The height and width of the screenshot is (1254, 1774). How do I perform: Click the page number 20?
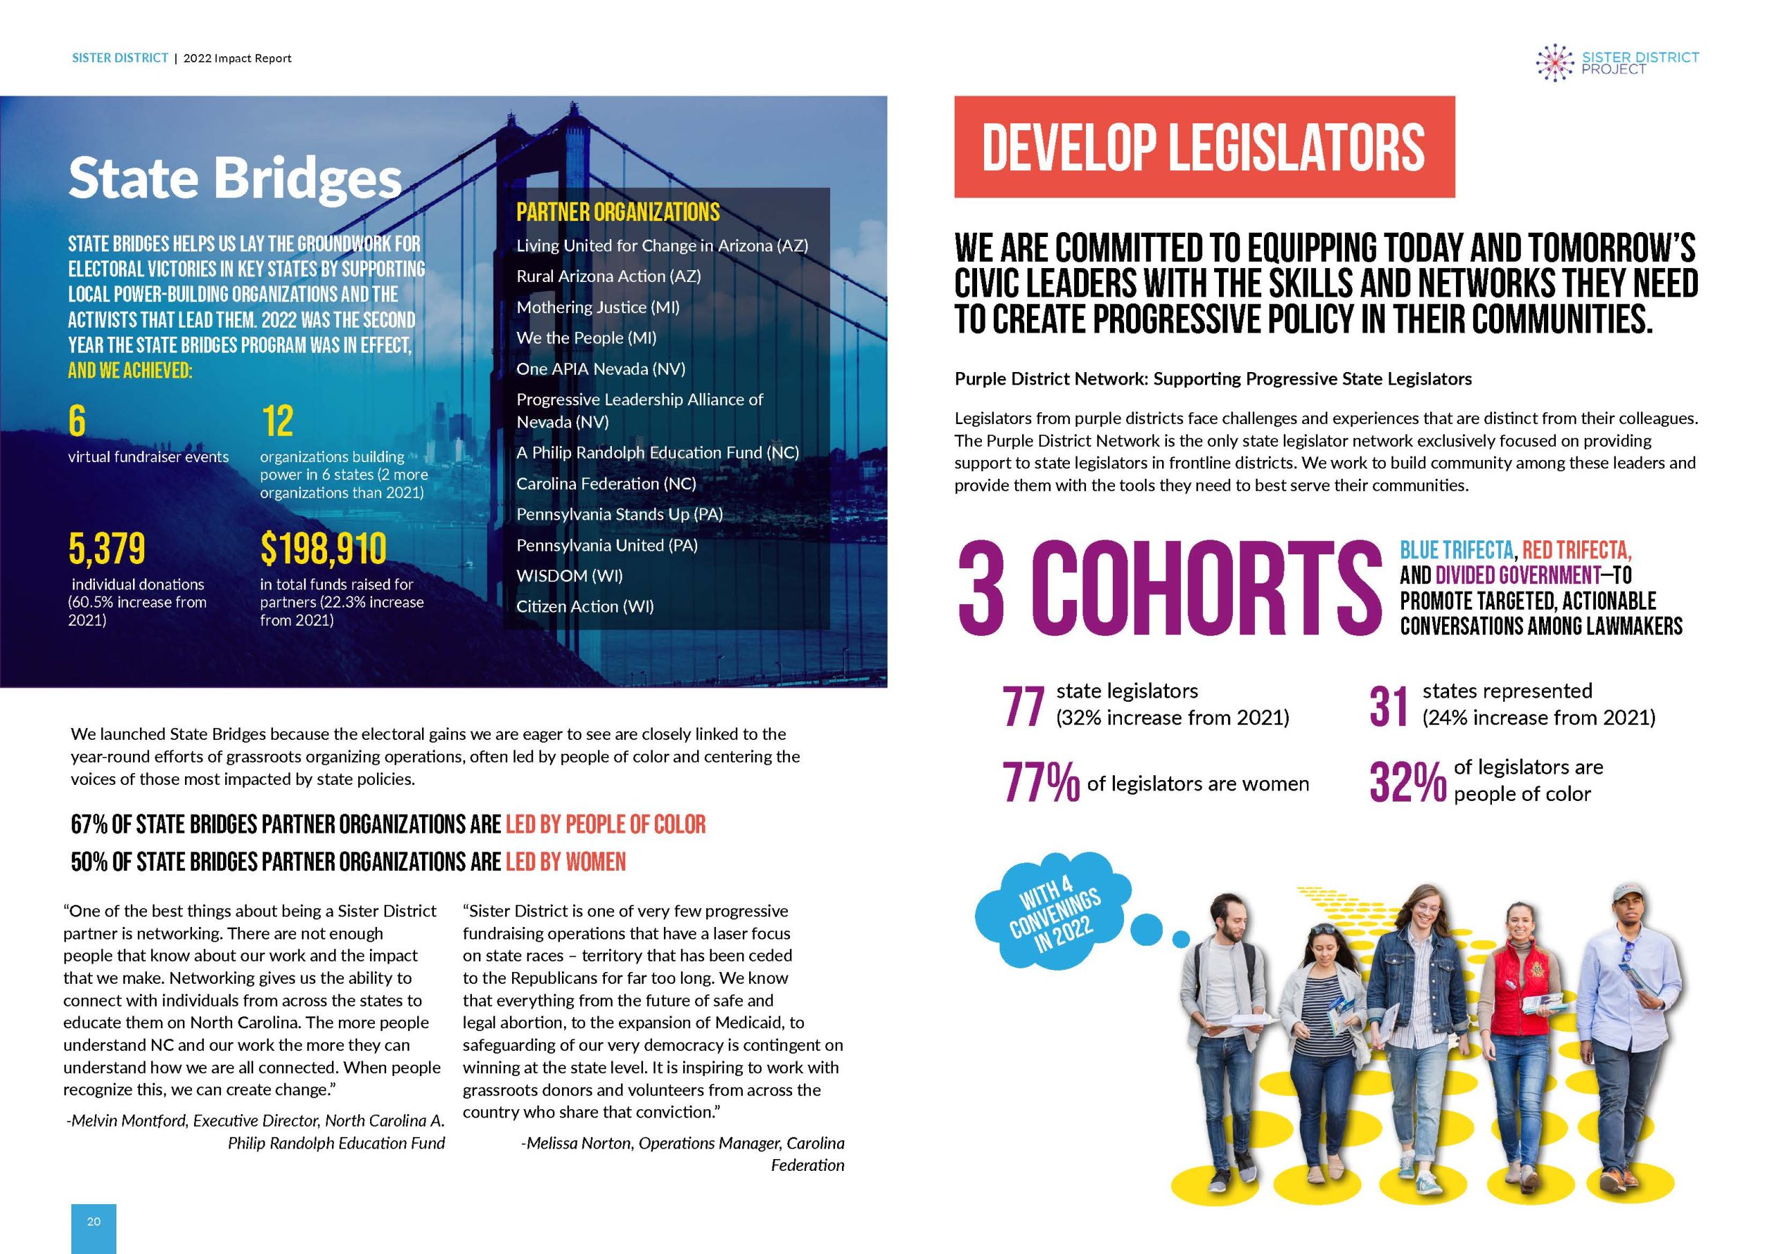coord(94,1221)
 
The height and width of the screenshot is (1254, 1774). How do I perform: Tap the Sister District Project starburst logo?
coord(1554,63)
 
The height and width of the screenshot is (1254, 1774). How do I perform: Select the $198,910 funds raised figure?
coord(323,549)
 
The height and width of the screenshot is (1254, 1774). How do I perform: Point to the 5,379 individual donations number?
coord(107,549)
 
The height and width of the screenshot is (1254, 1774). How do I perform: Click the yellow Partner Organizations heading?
coord(617,213)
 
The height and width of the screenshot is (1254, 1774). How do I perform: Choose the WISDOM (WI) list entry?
coord(570,576)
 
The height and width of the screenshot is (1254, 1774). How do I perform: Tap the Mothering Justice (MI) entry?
coord(598,307)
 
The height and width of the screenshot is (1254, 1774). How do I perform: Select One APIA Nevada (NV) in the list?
coord(600,369)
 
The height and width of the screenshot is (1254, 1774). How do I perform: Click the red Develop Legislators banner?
coord(1204,147)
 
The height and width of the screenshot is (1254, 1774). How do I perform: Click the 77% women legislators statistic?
coord(1040,783)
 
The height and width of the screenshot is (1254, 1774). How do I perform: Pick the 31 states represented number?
coord(1389,705)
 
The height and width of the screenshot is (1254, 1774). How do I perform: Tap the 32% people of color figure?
coord(1407,783)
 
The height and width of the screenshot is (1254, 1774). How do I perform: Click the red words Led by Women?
coord(565,861)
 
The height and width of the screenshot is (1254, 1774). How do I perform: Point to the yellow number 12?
coord(277,422)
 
